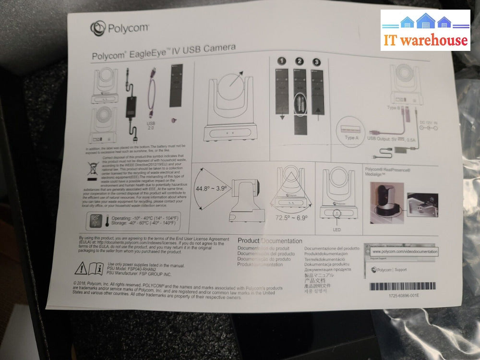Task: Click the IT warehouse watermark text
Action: [x=425, y=40]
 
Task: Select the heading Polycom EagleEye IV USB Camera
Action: [x=163, y=52]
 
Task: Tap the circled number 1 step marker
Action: [x=281, y=61]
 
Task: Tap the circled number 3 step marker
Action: [x=316, y=62]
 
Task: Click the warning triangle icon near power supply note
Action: [x=82, y=267]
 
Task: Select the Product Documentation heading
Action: [x=270, y=241]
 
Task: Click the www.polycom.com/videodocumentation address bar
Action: [x=404, y=252]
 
